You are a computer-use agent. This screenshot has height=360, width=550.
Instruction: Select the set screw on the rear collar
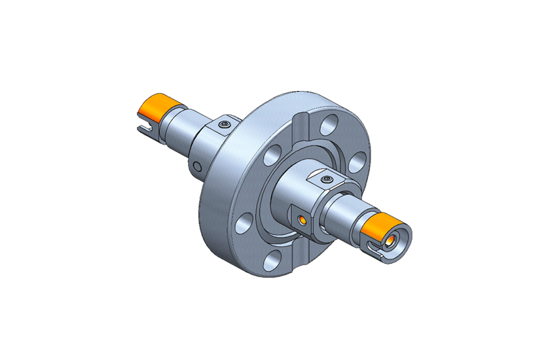pyautogui.click(x=225, y=123)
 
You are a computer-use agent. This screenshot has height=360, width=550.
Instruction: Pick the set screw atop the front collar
pyautogui.click(x=327, y=177)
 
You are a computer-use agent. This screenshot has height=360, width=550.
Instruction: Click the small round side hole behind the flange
pyautogui.click(x=194, y=167)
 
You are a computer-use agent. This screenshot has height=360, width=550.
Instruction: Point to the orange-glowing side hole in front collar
pyautogui.click(x=301, y=218)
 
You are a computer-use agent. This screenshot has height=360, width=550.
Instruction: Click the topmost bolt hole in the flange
pyautogui.click(x=331, y=122)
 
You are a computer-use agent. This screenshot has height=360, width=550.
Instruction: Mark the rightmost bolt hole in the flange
pyautogui.click(x=357, y=159)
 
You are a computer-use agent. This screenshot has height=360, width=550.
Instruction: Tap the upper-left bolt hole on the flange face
pyautogui.click(x=270, y=156)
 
